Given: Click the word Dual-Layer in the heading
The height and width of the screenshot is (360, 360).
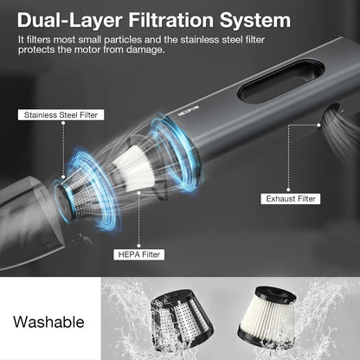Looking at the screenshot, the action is tap(70, 20).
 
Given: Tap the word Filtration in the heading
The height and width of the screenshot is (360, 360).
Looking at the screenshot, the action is tap(171, 20).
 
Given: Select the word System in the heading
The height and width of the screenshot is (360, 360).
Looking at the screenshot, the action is tap(255, 21).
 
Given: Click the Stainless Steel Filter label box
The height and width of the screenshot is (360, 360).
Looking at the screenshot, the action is tap(61, 115).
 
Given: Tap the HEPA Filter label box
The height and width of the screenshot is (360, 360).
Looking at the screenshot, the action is tap(139, 254).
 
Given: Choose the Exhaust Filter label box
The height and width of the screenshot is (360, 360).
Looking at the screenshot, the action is tap(291, 199).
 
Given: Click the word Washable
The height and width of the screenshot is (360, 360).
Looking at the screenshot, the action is tap(48, 322).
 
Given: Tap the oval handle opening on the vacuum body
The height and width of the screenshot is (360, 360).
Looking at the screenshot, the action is tap(281, 81).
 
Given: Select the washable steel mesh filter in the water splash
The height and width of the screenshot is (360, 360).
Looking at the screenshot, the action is tap(182, 319).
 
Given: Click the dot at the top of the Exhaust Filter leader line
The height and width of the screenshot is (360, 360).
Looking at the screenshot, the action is tap(318, 125).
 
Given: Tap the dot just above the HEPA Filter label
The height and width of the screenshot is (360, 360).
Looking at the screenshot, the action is tap(138, 246).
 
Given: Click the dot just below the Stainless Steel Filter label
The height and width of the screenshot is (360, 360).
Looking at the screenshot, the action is tap(63, 123).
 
